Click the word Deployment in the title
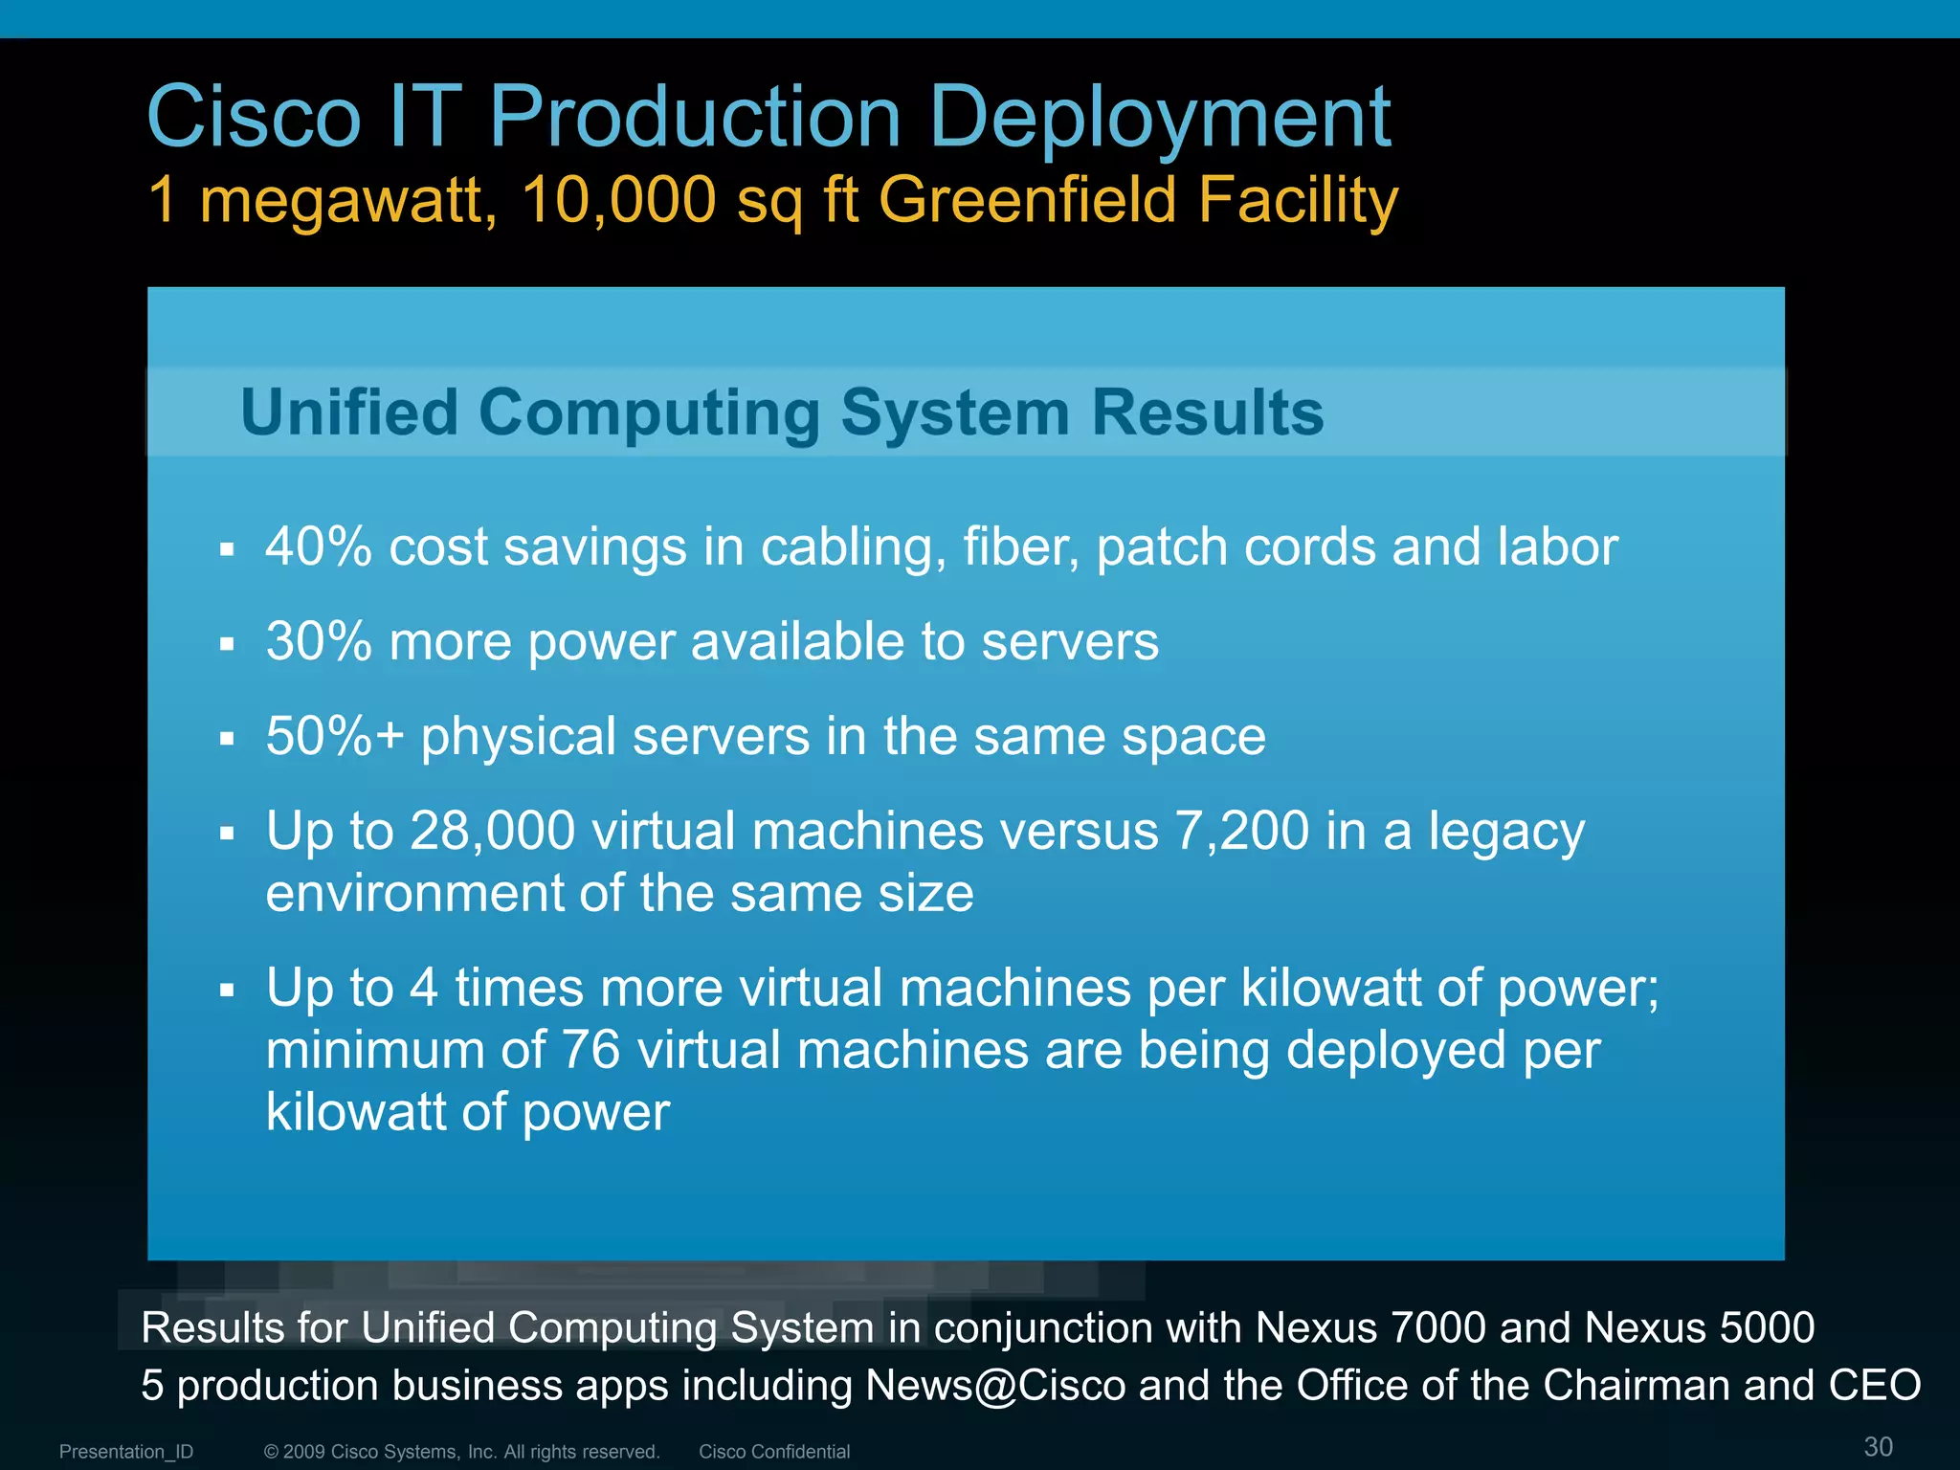pos(1160,117)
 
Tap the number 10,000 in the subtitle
pos(619,200)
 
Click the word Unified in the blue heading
pos(349,412)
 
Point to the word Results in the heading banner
pos(1208,412)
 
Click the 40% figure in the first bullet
pos(319,546)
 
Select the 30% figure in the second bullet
pos(319,641)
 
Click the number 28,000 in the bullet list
pos(492,830)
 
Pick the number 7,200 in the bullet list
pos(1241,830)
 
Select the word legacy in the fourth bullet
pos(1506,832)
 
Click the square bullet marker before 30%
pos(227,644)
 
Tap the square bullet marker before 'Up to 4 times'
pos(227,990)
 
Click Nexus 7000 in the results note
pos(1370,1327)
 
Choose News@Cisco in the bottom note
pos(995,1385)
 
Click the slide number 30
pos(1878,1446)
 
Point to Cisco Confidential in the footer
pos(774,1452)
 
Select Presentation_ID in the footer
pos(126,1452)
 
